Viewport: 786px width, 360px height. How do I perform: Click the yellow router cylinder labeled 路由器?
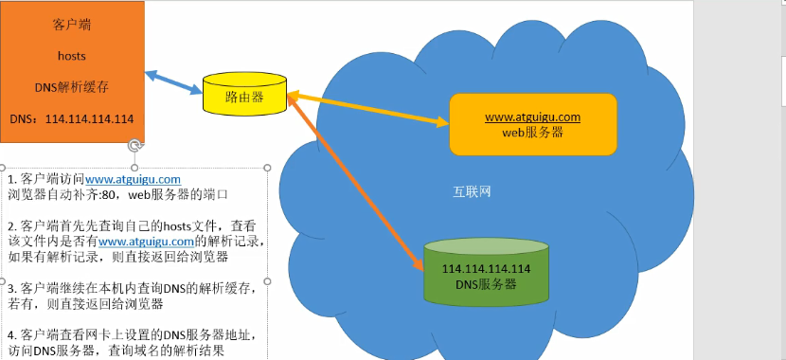tap(244, 97)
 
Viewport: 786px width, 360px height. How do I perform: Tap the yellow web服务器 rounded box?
tap(531, 125)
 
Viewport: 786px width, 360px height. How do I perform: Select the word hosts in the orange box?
tap(72, 56)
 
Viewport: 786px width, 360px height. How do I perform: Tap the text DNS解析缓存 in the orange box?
tap(72, 86)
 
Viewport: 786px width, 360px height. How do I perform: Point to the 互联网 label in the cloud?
tap(471, 191)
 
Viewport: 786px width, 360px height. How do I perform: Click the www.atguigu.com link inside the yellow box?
tap(531, 117)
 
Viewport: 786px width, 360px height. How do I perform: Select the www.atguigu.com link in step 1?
tap(133, 179)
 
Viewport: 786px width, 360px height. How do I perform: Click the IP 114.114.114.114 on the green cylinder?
tap(486, 269)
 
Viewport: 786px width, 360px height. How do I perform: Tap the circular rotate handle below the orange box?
tap(135, 145)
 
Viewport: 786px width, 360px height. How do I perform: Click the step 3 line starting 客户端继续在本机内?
tap(133, 288)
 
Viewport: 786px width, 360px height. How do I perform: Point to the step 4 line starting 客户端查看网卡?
tap(133, 335)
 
